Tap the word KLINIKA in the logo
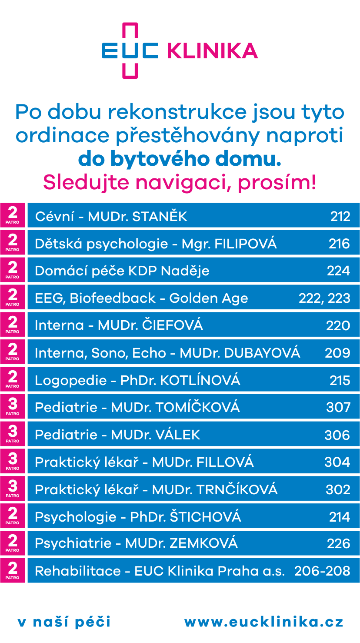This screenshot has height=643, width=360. coord(212,51)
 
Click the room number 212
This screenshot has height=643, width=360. coord(340,216)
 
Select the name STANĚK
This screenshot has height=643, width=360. coord(160,216)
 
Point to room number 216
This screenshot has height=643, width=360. coord(339,244)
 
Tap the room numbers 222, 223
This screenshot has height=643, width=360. coord(324,298)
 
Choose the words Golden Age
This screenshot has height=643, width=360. coord(208,298)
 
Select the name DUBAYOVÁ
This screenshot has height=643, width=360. coord(261,352)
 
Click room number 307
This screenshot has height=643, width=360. coord(338,407)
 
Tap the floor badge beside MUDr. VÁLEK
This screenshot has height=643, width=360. coord(13,434)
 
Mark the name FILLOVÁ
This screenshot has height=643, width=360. coord(225,462)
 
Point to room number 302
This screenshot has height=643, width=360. coord(338,489)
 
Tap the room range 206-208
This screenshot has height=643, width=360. coord(322,571)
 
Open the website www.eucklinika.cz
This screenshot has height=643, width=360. coord(263,622)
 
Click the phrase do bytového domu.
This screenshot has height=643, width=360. coord(180,160)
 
